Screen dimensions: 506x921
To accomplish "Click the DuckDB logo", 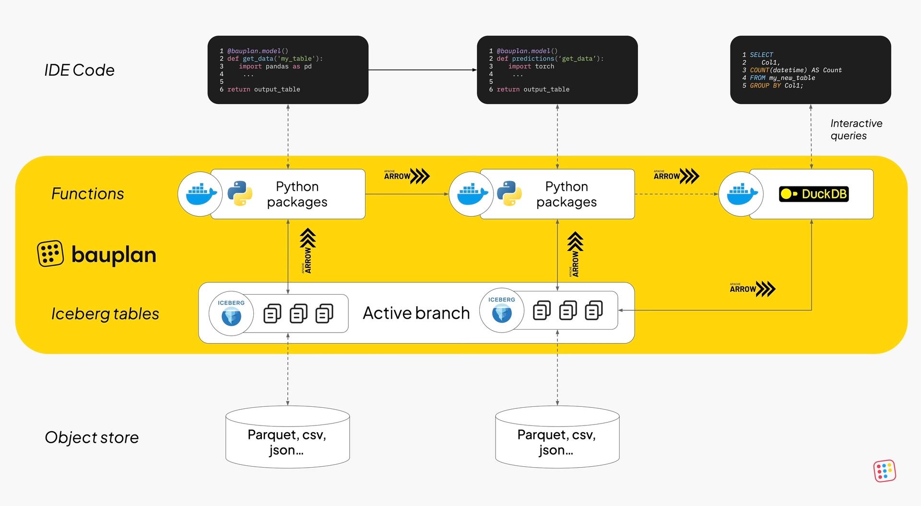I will pos(814,194).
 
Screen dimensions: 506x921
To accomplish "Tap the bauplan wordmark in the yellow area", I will pos(113,254).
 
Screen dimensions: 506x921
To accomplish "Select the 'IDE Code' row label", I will pos(79,70).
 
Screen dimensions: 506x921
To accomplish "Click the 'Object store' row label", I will pos(92,437).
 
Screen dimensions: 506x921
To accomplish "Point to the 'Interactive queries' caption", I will pos(856,129).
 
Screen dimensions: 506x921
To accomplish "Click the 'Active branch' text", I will pos(416,313).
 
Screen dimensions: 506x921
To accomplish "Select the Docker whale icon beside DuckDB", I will pos(741,194).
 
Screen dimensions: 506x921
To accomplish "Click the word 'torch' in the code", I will pos(544,67).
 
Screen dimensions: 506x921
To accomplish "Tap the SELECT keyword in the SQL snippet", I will pos(761,55).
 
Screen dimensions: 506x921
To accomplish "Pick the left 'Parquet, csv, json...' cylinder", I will pos(287,438).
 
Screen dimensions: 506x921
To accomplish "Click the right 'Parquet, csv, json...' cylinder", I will pos(557,438).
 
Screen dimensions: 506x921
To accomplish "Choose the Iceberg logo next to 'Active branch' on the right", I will pos(502,310).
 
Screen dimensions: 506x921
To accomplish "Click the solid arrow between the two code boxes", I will pos(422,70).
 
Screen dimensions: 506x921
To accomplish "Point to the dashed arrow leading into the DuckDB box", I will pos(676,194).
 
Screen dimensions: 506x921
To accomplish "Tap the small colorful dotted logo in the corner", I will pos(885,471).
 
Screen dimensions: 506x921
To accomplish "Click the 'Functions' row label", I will pos(87,194).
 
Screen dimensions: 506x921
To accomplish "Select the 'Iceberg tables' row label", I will pos(105,314).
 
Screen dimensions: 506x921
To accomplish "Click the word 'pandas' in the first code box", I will pos(277,67).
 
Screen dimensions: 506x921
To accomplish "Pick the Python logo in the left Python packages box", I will pos(240,194).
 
